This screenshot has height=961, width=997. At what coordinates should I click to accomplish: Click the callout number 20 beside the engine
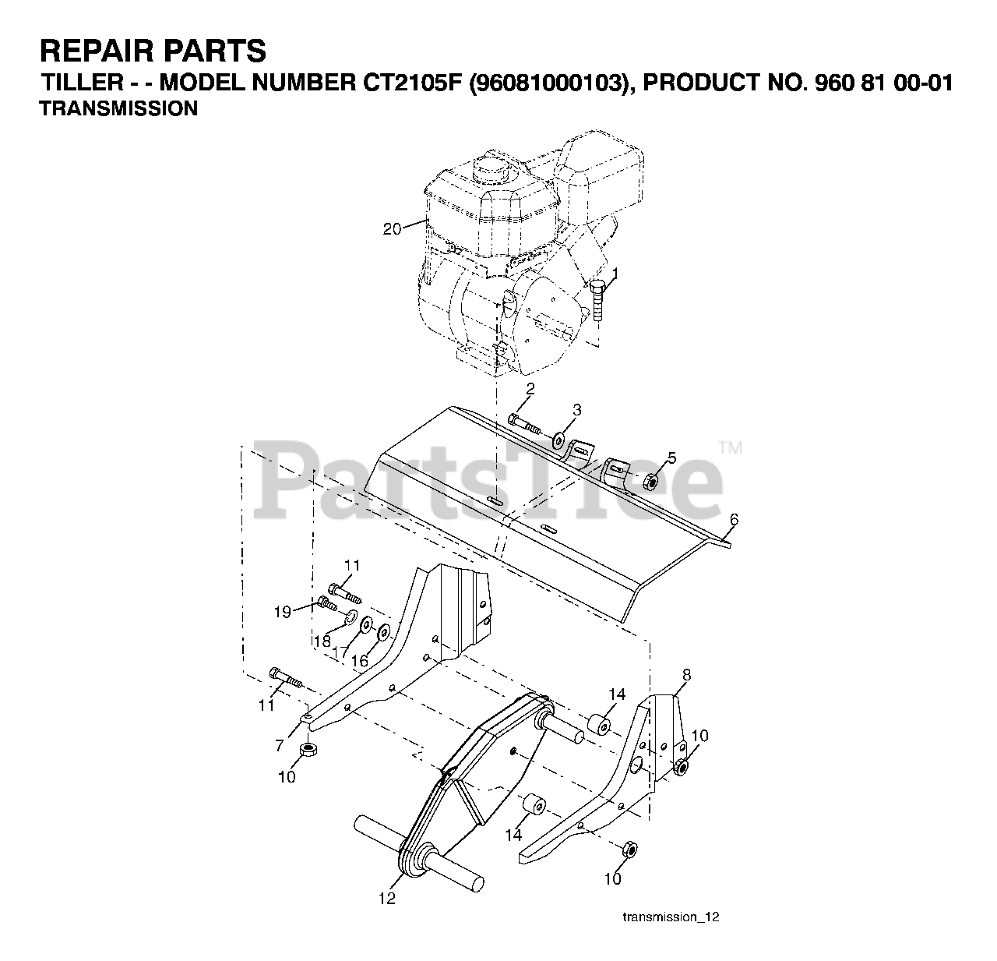[x=392, y=228]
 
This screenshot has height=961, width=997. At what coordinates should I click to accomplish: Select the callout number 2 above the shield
[x=530, y=388]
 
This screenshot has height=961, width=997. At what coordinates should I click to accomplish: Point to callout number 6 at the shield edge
[x=734, y=519]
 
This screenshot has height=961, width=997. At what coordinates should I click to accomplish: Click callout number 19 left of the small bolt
[x=282, y=612]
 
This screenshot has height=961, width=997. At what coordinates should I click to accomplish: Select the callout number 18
[x=322, y=641]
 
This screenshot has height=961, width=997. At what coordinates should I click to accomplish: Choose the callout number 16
[x=359, y=660]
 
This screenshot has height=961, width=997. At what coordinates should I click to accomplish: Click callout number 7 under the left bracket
[x=279, y=746]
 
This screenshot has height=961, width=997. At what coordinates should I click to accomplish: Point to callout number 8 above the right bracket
[x=686, y=674]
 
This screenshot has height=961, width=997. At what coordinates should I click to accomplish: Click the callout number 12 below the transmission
[x=387, y=899]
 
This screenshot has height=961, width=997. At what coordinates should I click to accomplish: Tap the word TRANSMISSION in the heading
[x=118, y=109]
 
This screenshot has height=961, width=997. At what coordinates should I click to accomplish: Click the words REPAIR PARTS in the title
[x=153, y=51]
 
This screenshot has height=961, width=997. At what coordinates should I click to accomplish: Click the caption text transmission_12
[x=671, y=917]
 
